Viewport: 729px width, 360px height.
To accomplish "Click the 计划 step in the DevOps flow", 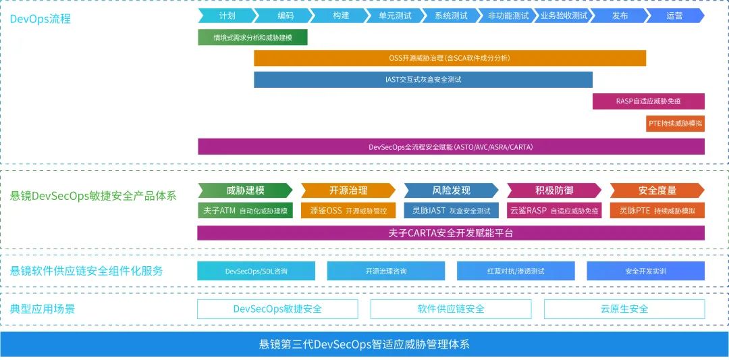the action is (227, 16).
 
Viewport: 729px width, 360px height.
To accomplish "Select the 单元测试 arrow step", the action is (395, 16).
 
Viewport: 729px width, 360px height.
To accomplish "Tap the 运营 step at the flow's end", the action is (674, 16).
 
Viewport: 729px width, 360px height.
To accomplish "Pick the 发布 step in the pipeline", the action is (620, 16).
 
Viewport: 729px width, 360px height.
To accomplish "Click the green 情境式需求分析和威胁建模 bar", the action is (252, 38).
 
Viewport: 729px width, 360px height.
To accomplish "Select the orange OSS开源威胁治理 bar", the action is (450, 59).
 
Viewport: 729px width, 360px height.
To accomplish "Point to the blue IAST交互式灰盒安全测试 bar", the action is (423, 80).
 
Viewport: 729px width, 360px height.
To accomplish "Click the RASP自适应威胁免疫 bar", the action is (648, 101).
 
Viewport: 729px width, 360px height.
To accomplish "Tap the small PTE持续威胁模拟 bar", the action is (675, 124).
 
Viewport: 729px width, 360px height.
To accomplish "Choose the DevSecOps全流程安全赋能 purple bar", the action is (451, 147).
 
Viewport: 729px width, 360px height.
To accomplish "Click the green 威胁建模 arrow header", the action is (245, 190).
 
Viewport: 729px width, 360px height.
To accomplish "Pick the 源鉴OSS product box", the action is (348, 211).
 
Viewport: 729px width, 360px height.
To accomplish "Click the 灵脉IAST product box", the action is (451, 211).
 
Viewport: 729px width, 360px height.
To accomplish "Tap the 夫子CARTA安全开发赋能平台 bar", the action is (451, 233).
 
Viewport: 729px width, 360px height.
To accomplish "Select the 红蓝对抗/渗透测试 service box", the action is (516, 271).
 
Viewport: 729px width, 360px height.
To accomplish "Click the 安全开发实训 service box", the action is (645, 271).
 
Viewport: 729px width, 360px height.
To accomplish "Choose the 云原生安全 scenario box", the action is (624, 309).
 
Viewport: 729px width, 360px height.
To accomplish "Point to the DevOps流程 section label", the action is (40, 19).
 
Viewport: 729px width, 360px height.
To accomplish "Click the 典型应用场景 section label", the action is (43, 309).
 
